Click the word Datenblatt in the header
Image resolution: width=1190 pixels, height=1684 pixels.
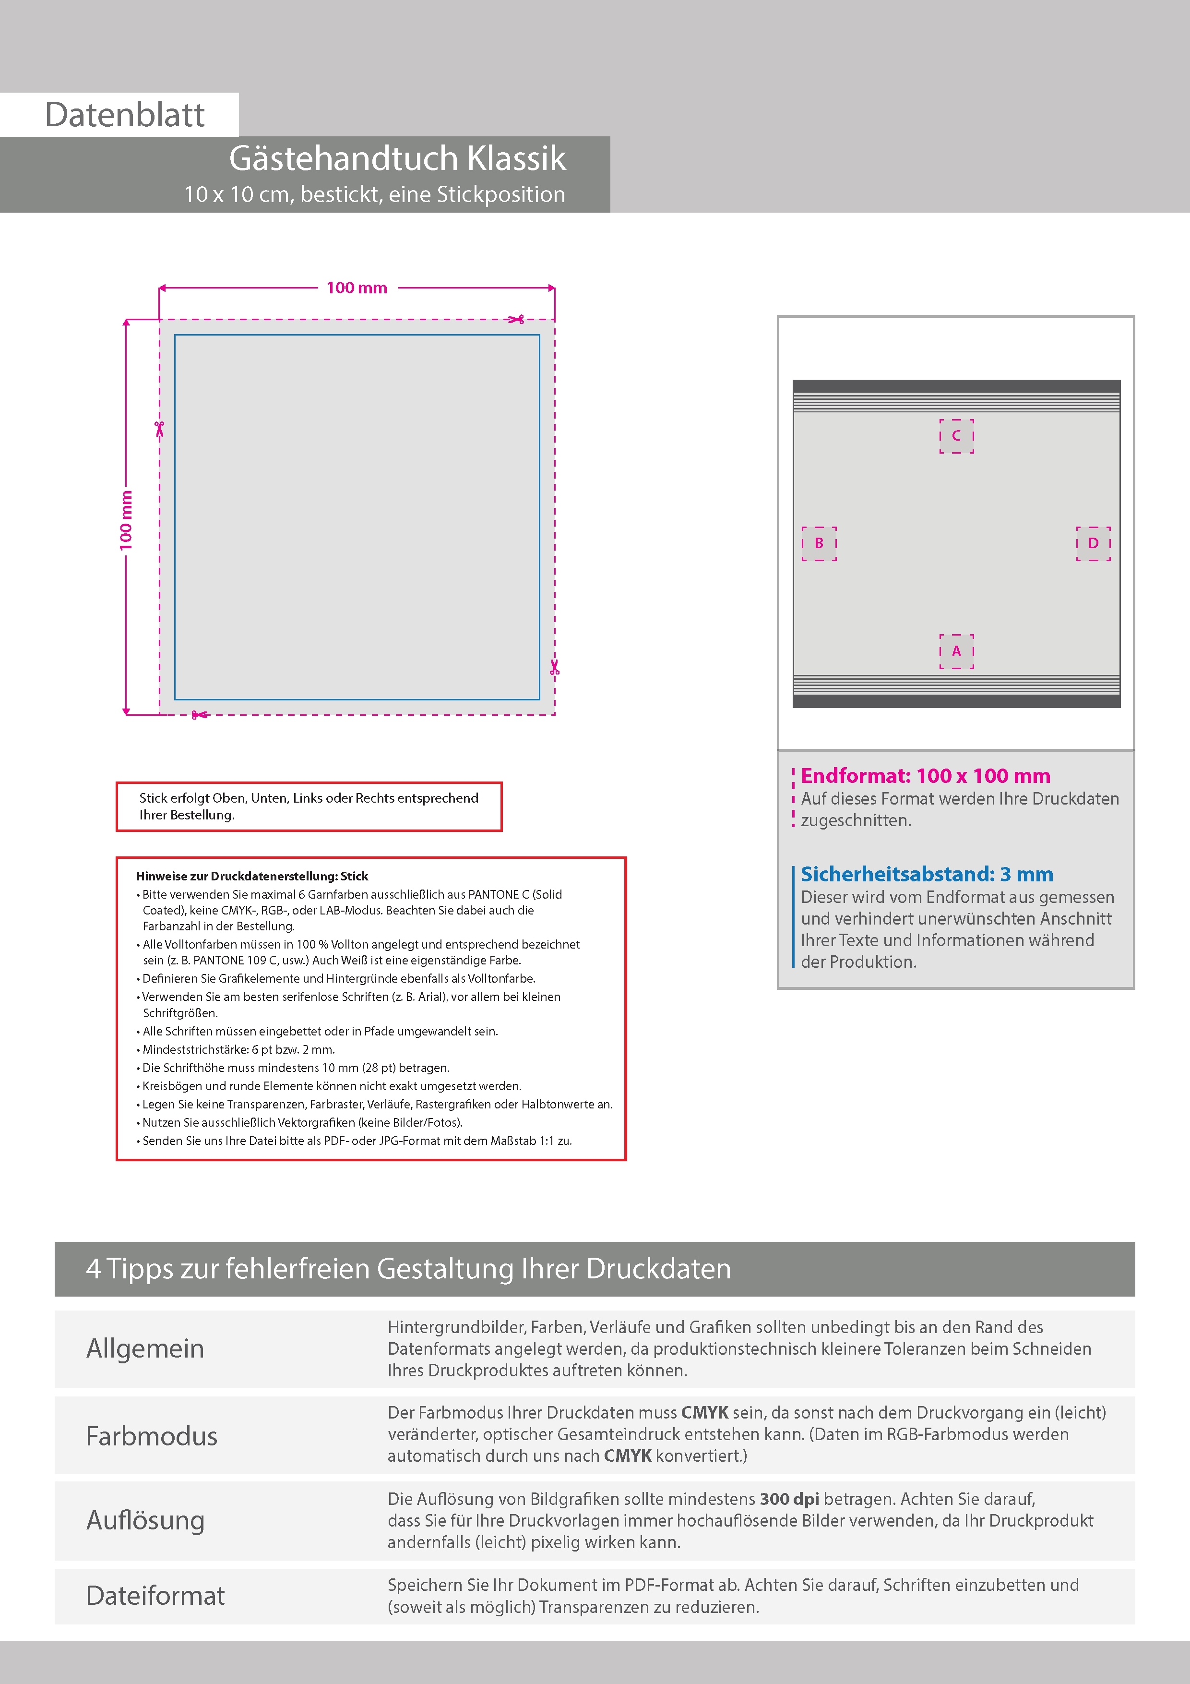[125, 115]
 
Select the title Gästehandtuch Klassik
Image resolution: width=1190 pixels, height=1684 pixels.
[397, 158]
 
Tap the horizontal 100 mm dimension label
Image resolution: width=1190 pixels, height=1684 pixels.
[357, 288]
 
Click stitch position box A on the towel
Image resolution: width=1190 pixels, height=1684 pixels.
[956, 651]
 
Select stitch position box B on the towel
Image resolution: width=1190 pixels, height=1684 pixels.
[819, 543]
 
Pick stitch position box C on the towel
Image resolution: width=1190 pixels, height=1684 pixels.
[956, 436]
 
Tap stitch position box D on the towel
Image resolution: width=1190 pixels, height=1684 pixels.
[1093, 543]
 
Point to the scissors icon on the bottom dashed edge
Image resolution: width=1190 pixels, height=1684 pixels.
[198, 714]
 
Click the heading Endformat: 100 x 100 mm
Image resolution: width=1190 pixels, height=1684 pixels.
[925, 776]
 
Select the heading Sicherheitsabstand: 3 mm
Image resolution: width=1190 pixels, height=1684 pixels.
[927, 874]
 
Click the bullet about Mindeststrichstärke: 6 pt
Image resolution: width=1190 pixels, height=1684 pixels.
[238, 1049]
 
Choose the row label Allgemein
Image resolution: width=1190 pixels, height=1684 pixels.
[145, 1348]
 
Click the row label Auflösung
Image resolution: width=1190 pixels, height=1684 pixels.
[145, 1520]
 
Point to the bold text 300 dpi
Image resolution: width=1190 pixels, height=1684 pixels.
[789, 1499]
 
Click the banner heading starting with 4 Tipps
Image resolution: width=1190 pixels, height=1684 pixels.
[408, 1269]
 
